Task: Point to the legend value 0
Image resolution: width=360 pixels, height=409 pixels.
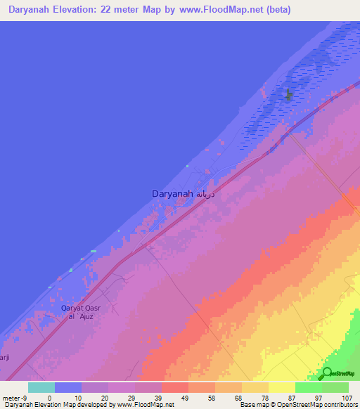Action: point(49,397)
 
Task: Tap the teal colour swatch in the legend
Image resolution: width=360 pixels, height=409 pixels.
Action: point(41,387)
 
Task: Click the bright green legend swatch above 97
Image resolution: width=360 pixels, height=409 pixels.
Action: point(309,387)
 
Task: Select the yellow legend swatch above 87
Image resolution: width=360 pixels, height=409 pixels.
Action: point(282,387)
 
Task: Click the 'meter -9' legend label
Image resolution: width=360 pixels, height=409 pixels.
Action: point(15,397)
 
